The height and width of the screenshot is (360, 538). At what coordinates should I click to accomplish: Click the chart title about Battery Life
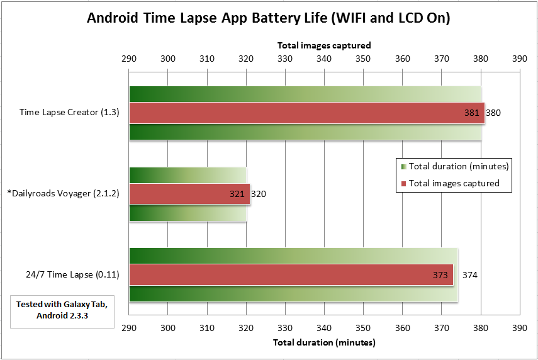click(x=269, y=18)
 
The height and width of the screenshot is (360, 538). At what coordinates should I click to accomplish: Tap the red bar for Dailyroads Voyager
click(x=189, y=194)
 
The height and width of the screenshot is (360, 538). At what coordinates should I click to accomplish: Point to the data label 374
click(x=469, y=275)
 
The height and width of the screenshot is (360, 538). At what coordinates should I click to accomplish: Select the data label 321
click(x=237, y=194)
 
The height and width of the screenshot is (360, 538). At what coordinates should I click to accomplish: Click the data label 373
click(x=440, y=275)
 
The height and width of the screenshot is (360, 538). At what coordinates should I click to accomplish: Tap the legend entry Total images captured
click(x=454, y=183)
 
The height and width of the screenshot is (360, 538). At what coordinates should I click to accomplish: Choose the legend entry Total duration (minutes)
click(x=458, y=167)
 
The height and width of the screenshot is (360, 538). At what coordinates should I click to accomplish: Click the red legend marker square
click(x=404, y=184)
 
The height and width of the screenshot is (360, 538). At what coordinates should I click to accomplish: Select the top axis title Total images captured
click(x=324, y=45)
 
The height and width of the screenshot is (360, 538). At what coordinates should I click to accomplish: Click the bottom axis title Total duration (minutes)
click(x=324, y=342)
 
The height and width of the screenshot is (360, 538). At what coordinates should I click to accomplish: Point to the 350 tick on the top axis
click(x=363, y=59)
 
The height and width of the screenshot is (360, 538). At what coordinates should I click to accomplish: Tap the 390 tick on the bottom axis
click(x=520, y=328)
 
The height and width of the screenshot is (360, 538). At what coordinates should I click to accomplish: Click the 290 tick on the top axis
click(x=129, y=59)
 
